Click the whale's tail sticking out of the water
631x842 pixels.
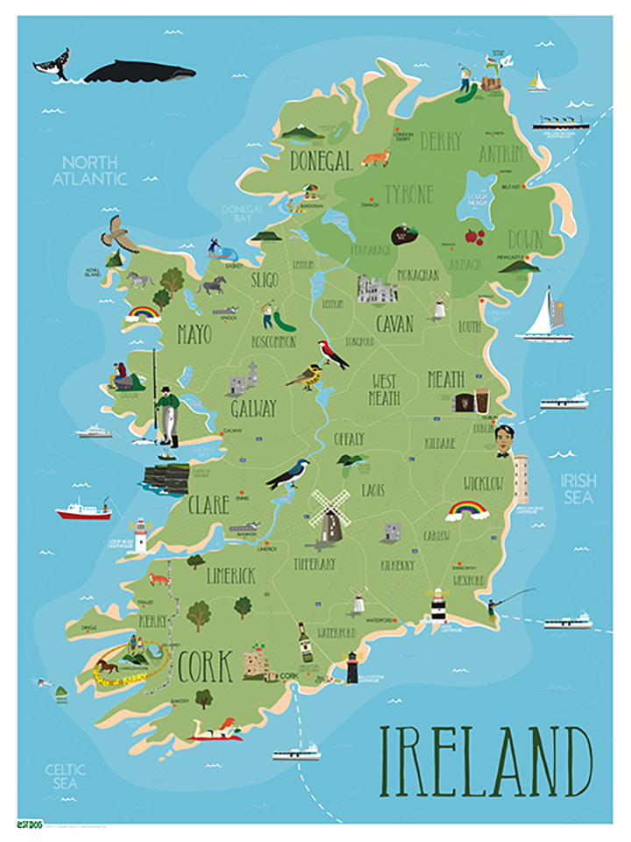(50, 63)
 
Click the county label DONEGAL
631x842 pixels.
(321, 160)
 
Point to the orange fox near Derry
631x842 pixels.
(376, 159)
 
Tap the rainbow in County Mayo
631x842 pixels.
(143, 312)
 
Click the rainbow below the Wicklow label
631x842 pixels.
(467, 510)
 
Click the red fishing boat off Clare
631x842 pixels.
(83, 510)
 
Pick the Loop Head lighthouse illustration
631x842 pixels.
(139, 535)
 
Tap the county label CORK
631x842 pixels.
(205, 668)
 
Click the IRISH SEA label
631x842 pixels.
(579, 489)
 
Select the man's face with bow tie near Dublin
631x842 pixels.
(502, 439)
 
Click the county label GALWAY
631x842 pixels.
(253, 409)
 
